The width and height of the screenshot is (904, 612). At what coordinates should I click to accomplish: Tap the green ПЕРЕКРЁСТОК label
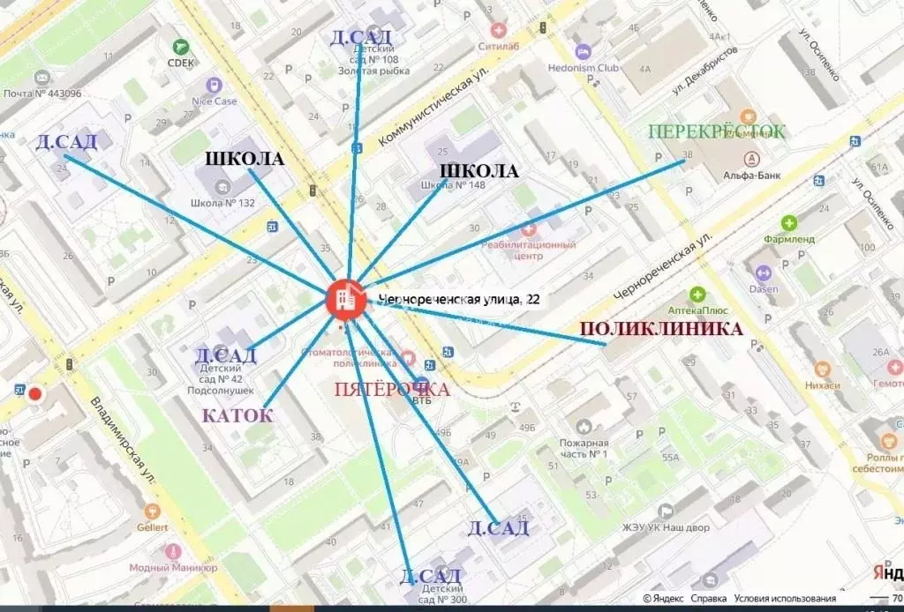coord(716,132)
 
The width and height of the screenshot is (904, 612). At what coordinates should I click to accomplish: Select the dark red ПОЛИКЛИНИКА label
coord(660,329)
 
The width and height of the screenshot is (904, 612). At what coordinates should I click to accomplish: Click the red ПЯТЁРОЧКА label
coord(391,389)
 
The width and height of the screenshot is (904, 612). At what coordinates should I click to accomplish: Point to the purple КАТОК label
coord(237,415)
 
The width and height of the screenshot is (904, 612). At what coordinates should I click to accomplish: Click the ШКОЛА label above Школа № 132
coord(245,159)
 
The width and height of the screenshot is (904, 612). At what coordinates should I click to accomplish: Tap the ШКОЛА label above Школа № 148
coord(478,171)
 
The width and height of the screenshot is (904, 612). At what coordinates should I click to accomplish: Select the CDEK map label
coord(181,63)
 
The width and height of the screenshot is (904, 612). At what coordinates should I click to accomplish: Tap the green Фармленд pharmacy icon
coord(788,223)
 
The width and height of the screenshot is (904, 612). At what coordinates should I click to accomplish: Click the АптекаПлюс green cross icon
coord(697,295)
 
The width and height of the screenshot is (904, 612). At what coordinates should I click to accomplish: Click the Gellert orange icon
coord(152,511)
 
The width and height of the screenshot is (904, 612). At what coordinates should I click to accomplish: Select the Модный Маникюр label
coord(167,568)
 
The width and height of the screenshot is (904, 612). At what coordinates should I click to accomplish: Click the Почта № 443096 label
coord(42,93)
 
